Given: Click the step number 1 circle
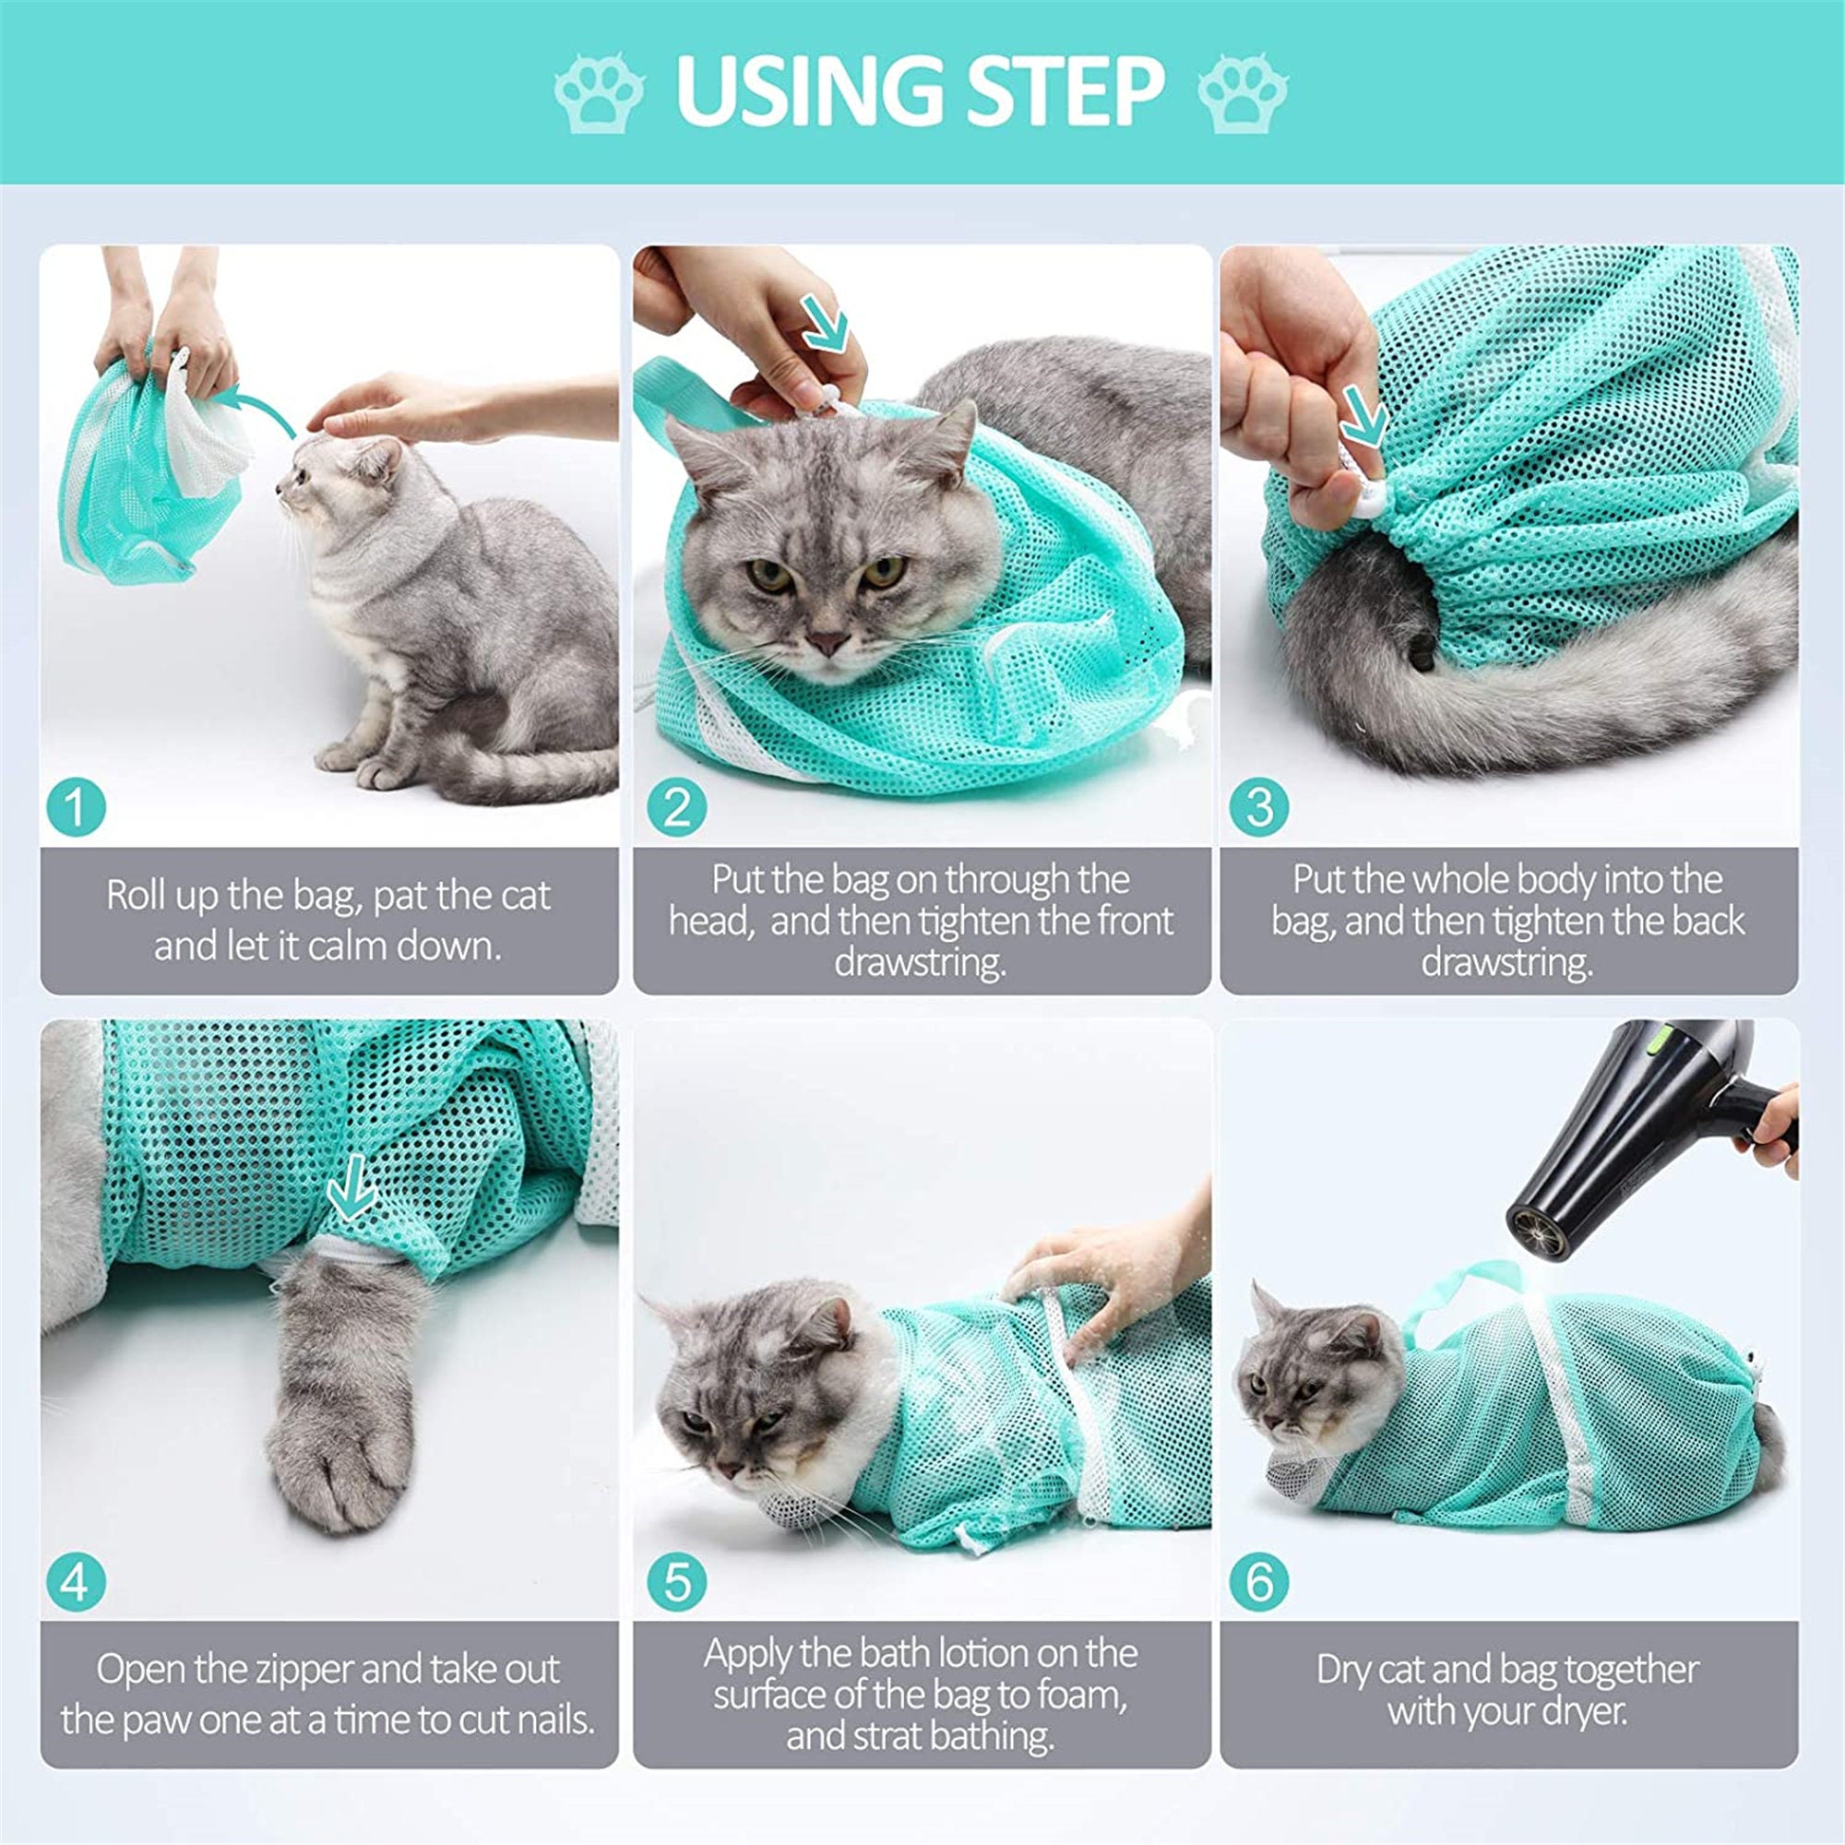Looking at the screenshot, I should click(x=76, y=807).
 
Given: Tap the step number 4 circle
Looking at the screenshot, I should click(x=76, y=1581).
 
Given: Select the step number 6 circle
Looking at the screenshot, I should click(x=1258, y=1581).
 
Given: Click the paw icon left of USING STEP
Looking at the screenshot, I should click(x=599, y=92).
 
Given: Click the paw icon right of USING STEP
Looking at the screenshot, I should click(x=1243, y=92).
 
